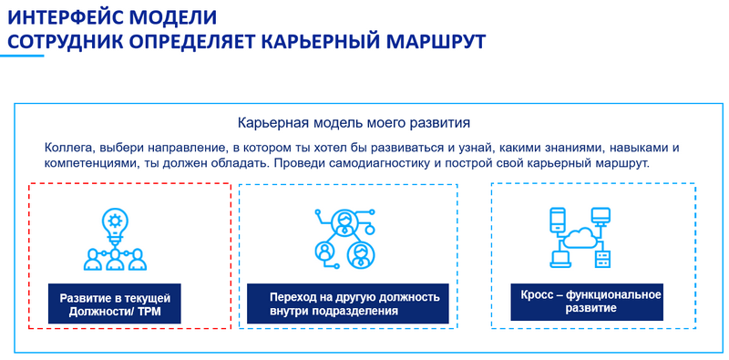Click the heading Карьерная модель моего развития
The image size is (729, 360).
point(354,122)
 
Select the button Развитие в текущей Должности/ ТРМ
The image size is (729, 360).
point(115,304)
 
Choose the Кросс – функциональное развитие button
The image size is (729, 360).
point(590,301)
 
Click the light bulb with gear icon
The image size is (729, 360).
point(115,221)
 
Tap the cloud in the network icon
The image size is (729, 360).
point(580,239)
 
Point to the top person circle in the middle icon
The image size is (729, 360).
point(344,221)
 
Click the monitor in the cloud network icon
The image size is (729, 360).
point(601,217)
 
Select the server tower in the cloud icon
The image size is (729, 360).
point(601,260)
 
